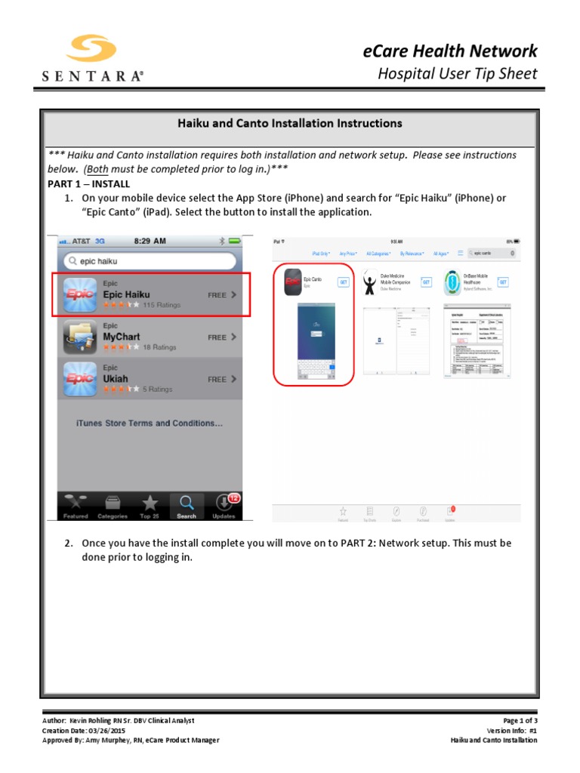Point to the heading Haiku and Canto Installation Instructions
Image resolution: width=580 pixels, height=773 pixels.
289,123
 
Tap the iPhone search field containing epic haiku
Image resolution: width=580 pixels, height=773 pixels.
150,261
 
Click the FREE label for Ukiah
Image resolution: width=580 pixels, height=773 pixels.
217,379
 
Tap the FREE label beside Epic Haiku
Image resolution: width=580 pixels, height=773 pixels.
217,295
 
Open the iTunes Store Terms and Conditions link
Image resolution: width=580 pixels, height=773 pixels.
150,423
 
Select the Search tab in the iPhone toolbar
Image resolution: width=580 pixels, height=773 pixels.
187,506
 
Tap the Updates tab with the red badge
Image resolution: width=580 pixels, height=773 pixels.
224,506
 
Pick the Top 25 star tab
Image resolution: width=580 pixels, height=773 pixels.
150,506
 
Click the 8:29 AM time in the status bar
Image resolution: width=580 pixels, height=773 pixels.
150,241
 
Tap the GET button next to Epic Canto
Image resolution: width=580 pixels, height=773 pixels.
344,282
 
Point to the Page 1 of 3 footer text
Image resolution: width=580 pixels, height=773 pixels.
520,721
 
